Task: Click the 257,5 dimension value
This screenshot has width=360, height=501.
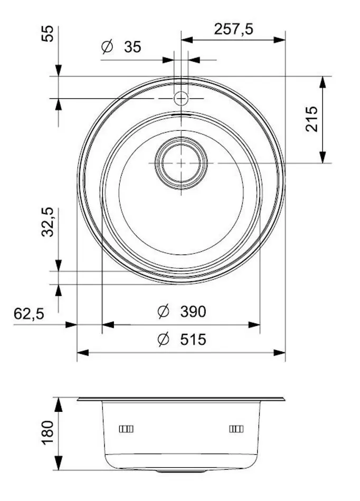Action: (x=233, y=29)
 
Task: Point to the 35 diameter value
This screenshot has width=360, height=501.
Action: (x=133, y=47)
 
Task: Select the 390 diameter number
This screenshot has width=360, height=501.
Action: (x=193, y=312)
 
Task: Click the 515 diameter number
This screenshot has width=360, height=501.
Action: (x=193, y=340)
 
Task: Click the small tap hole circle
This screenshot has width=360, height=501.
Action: (x=181, y=98)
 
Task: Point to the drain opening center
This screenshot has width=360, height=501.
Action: (x=181, y=163)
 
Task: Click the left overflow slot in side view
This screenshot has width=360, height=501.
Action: (x=127, y=429)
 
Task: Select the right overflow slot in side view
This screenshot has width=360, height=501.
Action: (x=236, y=429)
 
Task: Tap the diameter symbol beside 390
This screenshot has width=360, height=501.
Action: (x=163, y=312)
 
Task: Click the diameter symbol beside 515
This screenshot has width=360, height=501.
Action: (x=163, y=340)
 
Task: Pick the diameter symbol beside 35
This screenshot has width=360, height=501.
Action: (x=107, y=47)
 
